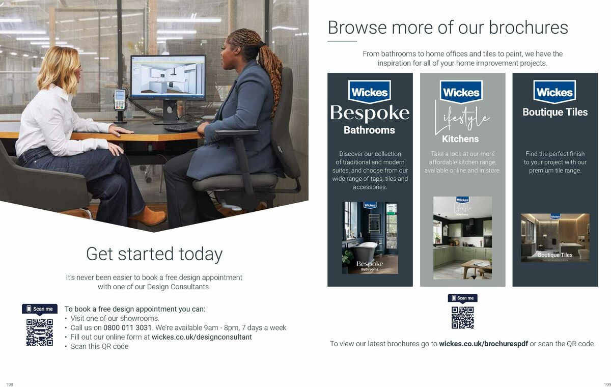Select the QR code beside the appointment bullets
40,333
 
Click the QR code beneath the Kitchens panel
462,317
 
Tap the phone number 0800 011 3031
128,327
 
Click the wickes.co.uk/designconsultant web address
202,337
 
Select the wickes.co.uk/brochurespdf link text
483,344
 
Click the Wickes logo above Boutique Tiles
555,92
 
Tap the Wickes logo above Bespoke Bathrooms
370,92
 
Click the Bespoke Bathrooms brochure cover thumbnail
370,237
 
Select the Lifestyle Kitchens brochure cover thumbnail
462,237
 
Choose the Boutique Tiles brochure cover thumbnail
555,237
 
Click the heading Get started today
154,254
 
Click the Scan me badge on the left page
40,309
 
